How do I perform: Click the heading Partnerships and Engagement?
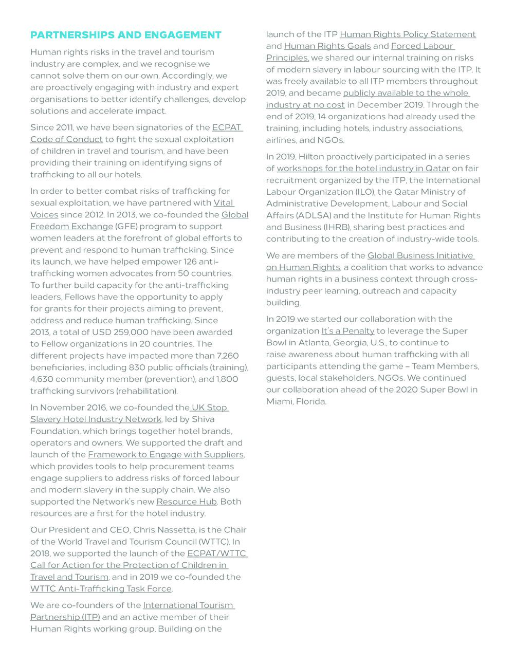126,35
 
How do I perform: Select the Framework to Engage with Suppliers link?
166,454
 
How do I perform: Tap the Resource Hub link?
187,502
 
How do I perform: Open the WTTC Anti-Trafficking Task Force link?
101,588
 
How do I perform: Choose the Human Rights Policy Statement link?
408,34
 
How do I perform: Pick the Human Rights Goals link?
327,46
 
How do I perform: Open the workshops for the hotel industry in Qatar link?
363,169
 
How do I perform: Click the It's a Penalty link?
348,331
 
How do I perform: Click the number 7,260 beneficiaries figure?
228,356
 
